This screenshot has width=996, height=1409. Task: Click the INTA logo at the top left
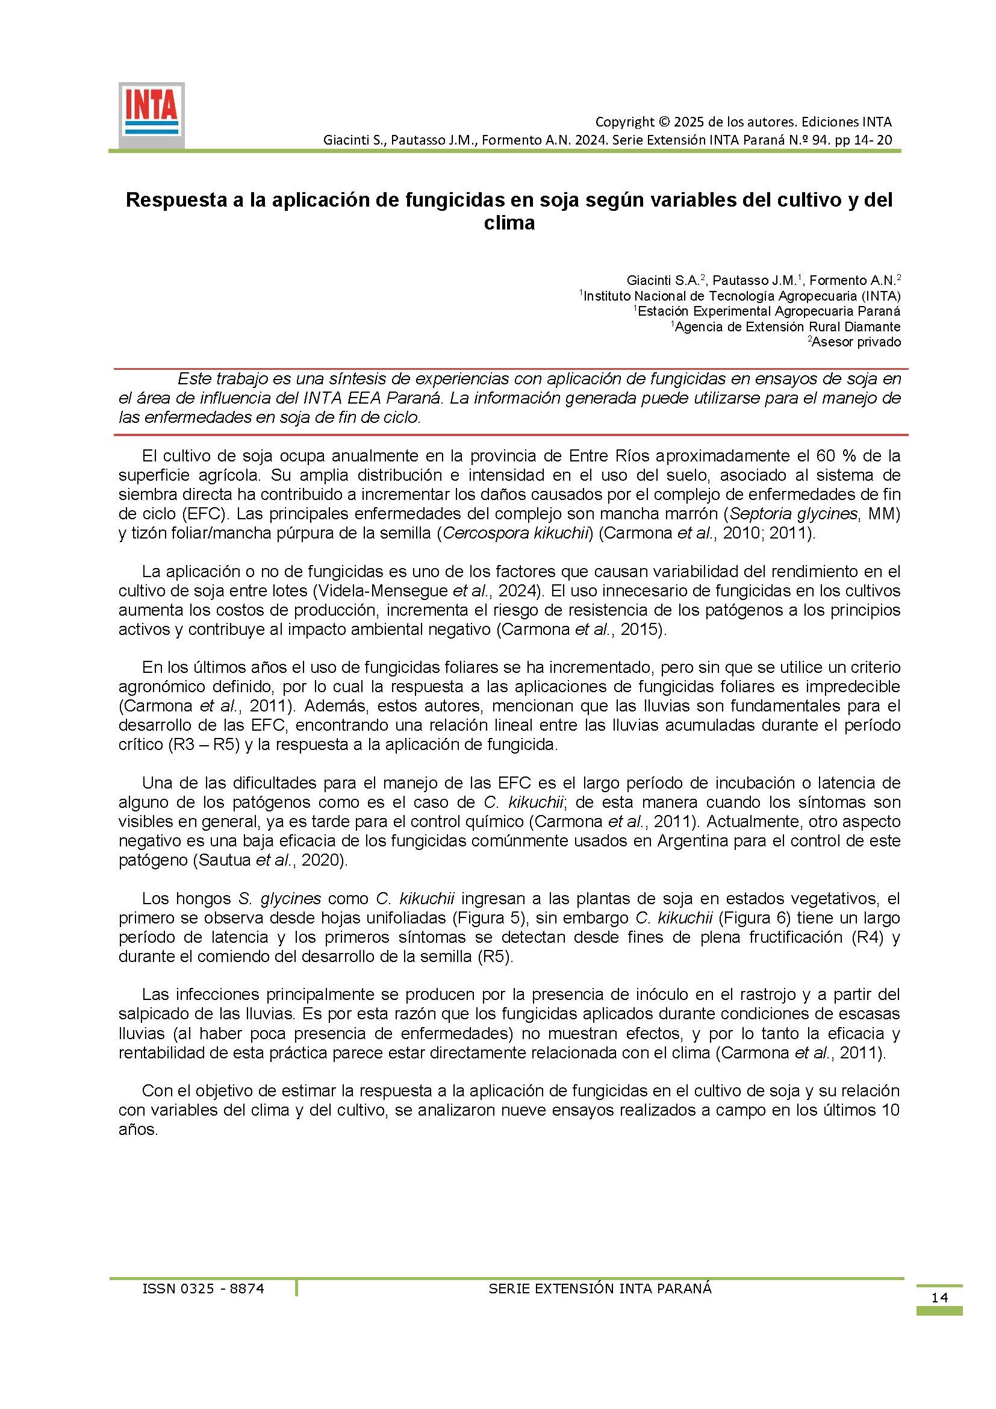pyautogui.click(x=151, y=115)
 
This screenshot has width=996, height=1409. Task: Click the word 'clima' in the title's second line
pyautogui.click(x=509, y=223)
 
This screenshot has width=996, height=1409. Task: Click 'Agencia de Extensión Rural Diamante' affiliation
pyautogui.click(x=788, y=327)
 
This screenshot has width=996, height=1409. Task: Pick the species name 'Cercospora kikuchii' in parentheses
pyautogui.click(x=516, y=533)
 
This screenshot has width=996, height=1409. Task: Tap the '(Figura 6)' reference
pyautogui.click(x=749, y=919)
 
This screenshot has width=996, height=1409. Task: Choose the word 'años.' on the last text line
pyautogui.click(x=138, y=1129)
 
